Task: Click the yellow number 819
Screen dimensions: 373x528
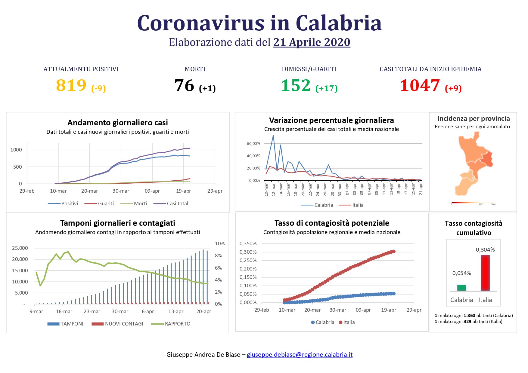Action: [x=71, y=85]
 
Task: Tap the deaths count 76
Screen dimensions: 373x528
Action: [x=184, y=85]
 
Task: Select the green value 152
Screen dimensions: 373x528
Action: [x=296, y=85]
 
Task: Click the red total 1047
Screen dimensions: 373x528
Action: [x=420, y=85]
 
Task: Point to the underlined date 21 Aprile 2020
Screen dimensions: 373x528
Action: [x=312, y=42]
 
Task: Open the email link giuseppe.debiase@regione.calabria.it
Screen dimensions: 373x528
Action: [x=300, y=355]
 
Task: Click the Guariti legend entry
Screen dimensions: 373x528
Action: [x=106, y=203]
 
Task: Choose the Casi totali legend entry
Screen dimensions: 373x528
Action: [x=178, y=203]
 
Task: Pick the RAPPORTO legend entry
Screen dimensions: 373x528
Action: [x=177, y=324]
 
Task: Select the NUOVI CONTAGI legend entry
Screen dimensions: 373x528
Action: [x=124, y=324]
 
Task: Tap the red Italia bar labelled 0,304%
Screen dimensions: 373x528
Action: [x=485, y=273]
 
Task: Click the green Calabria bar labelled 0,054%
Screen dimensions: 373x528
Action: [x=461, y=288]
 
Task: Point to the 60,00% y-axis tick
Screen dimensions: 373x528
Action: [x=253, y=144]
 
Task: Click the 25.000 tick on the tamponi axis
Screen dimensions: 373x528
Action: [x=20, y=248]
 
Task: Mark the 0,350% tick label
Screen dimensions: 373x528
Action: [x=248, y=243]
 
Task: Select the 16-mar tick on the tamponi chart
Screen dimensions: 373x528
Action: [x=64, y=311]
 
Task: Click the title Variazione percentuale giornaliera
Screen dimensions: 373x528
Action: [x=331, y=120]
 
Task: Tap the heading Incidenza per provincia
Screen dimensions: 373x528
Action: [x=473, y=118]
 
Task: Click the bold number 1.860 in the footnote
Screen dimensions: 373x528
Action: [x=469, y=316]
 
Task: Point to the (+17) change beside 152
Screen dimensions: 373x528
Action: [x=326, y=88]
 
